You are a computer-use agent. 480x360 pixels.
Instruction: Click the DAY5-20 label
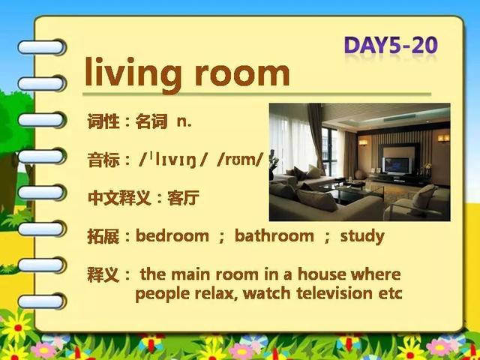(391, 46)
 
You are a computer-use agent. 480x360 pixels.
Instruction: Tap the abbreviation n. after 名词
(184, 121)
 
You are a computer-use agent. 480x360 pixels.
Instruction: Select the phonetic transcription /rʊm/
(240, 160)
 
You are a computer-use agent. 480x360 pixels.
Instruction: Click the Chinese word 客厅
(183, 198)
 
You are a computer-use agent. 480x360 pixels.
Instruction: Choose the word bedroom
(172, 236)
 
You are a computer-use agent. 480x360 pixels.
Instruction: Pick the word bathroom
(274, 236)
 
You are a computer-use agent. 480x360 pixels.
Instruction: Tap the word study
(362, 237)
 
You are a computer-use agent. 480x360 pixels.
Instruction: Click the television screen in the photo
(396, 165)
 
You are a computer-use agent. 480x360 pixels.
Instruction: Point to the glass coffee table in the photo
(352, 192)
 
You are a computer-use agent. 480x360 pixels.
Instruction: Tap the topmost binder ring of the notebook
(41, 47)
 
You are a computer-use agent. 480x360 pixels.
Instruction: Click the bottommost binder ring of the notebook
(41, 301)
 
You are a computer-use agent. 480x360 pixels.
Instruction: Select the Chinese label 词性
(103, 121)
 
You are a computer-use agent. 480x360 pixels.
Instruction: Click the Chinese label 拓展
(103, 236)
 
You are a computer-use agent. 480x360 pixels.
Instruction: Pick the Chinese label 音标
(103, 160)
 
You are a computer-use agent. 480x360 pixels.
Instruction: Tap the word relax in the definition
(216, 293)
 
